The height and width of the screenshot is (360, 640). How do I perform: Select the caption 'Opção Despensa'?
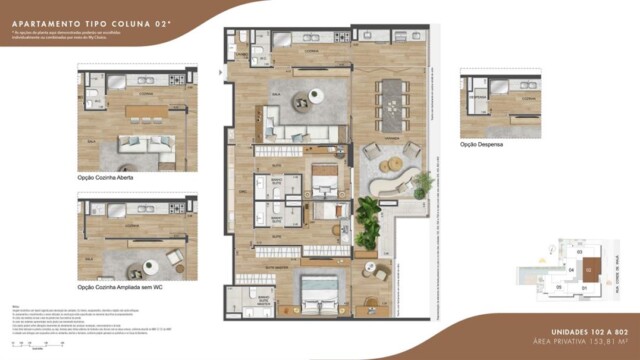pos(482,144)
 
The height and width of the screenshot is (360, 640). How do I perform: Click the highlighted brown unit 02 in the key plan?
pos(590,268)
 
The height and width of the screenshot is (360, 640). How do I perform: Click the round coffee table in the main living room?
pos(315,96)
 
